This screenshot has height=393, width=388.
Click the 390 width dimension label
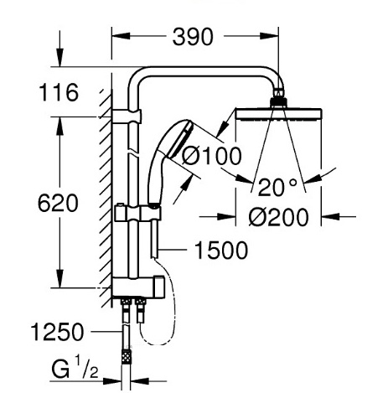click(193, 37)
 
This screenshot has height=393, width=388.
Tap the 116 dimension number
click(59, 92)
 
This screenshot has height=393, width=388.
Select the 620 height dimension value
click(58, 204)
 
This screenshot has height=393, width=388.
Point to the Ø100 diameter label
click(211, 156)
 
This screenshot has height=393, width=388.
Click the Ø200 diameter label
click(279, 217)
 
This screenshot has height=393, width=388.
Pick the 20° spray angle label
click(277, 187)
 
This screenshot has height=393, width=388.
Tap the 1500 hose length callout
click(221, 251)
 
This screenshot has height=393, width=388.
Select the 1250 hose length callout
click(57, 332)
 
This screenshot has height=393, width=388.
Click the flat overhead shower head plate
click(279, 115)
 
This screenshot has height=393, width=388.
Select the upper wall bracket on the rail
click(127, 116)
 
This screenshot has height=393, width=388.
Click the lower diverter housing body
click(138, 287)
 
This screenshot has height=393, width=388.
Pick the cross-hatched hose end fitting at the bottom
click(127, 355)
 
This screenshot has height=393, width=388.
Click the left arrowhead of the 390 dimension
click(121, 36)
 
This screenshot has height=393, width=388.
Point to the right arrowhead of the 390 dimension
click(269, 36)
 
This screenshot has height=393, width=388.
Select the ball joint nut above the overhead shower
click(278, 102)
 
